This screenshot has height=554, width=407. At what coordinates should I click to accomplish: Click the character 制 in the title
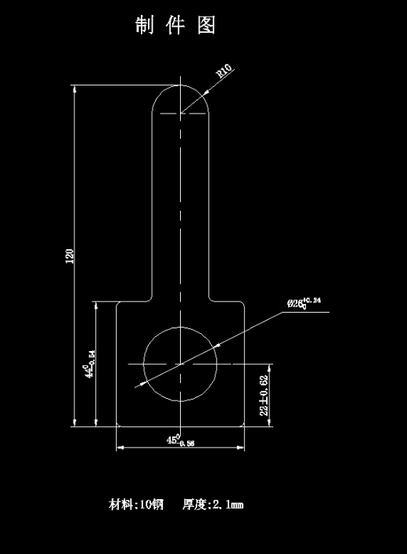(143, 26)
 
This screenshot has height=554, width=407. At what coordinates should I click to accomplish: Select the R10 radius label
(224, 71)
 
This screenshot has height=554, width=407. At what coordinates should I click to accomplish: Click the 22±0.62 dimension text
(265, 395)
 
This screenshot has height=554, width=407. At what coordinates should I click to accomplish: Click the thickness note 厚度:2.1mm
(213, 504)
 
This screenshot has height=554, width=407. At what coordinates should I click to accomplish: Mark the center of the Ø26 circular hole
(181, 364)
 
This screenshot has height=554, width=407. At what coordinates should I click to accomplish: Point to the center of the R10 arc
(181, 114)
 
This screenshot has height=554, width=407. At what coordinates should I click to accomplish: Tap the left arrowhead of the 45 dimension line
(121, 448)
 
